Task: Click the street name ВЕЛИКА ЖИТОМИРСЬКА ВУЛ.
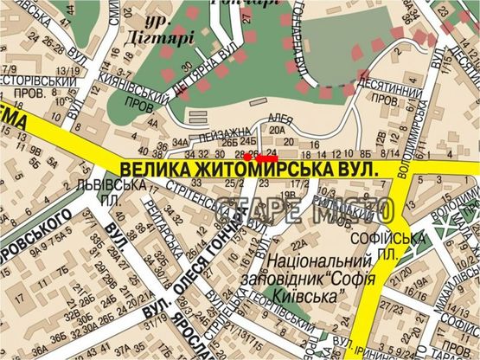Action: pyautogui.click(x=251, y=172)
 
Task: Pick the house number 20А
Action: pyautogui.click(x=277, y=130)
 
